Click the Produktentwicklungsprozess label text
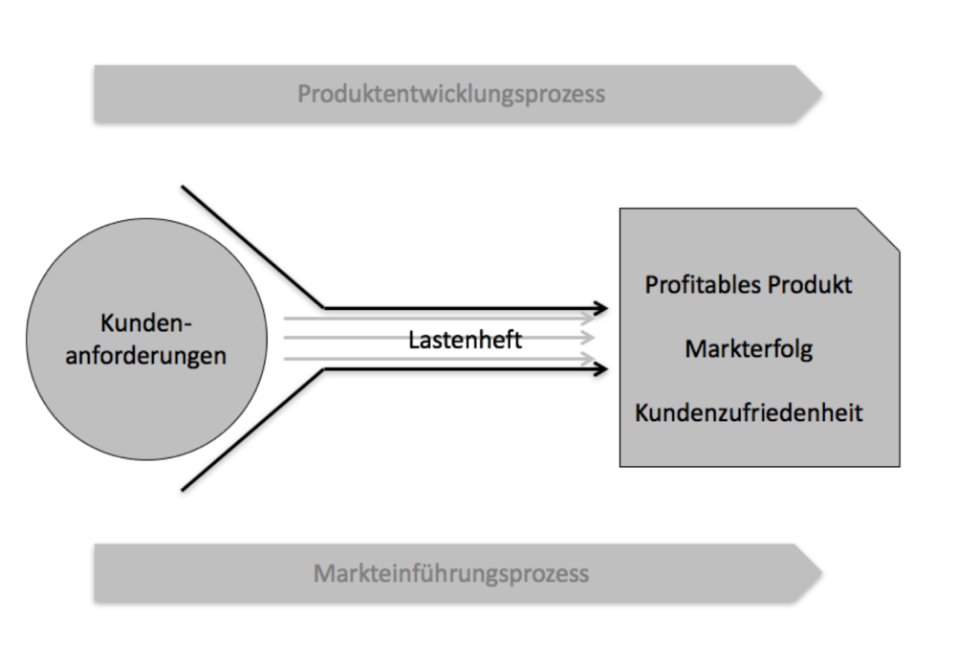[x=450, y=94]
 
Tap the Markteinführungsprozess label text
[x=450, y=574]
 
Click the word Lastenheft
[x=465, y=339]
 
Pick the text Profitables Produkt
[x=748, y=285]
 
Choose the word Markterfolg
[x=748, y=349]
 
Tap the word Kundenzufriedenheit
[x=748, y=412]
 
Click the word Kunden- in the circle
[x=145, y=322]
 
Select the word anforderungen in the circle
[x=145, y=355]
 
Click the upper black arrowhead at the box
[x=599, y=308]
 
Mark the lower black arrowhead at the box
[x=599, y=369]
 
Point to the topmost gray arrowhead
[x=587, y=318]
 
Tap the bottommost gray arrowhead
[x=587, y=359]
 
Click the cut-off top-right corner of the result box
[x=879, y=230]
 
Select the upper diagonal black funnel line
[x=253, y=247]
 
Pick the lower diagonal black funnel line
[x=253, y=430]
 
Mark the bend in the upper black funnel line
[x=325, y=308]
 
